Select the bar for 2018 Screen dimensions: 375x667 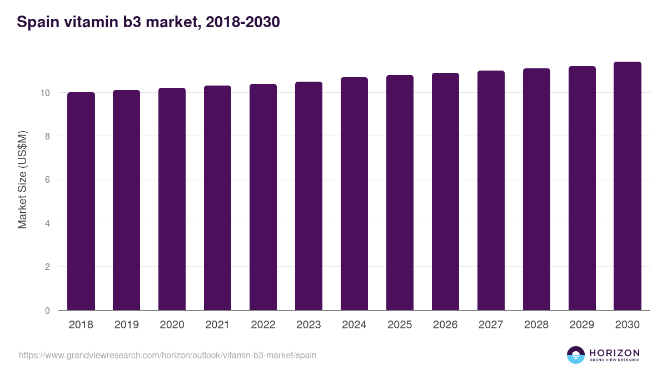tap(81, 201)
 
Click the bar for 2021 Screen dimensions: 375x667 tap(217, 198)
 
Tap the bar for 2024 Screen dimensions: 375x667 tap(354, 193)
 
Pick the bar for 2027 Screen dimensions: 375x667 tap(491, 190)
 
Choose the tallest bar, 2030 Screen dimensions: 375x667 tap(628, 186)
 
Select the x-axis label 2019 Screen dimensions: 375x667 tap(127, 325)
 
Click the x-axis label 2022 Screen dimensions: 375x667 tap(263, 325)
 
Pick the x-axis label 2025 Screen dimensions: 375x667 tap(400, 325)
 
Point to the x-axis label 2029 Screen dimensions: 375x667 tap(582, 325)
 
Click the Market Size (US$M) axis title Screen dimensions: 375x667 tap(22, 179)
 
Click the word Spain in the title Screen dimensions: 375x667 tap(36, 22)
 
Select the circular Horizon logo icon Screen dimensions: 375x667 tap(575, 355)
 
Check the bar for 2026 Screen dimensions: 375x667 tap(445, 191)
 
